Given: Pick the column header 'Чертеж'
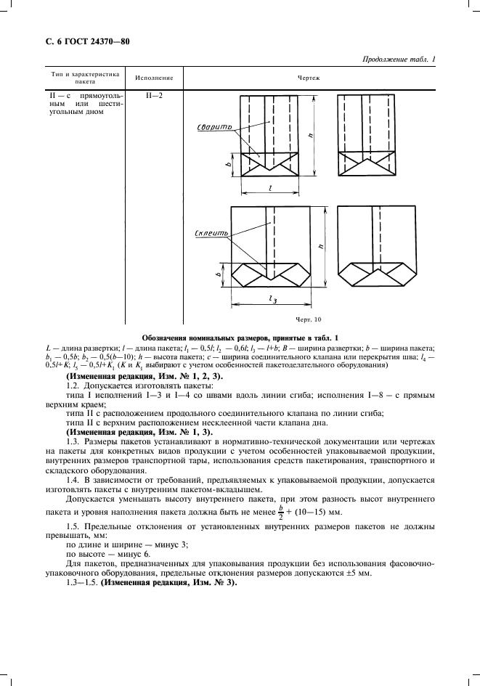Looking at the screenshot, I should tap(304, 76).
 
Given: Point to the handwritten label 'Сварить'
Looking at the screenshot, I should tap(215, 127).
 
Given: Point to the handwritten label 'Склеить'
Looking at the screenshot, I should tap(214, 234).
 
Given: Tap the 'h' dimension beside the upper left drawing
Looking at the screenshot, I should tap(311, 135).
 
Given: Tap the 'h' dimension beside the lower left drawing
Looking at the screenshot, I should tap(321, 248).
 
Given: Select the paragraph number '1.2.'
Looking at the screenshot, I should tap(75, 386).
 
